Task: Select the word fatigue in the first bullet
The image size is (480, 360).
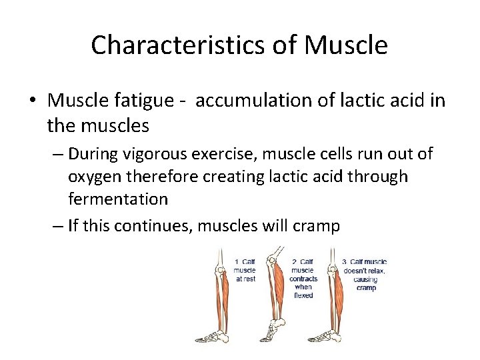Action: pos(133,101)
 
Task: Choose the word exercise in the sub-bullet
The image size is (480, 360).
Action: pos(221,154)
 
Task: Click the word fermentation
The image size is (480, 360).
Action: pos(118,199)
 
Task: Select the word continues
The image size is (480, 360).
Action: pos(151,226)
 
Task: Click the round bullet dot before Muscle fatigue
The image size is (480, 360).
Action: pos(33,101)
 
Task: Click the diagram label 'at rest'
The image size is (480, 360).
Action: pos(245,279)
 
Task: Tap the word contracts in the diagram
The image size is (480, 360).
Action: pos(303,279)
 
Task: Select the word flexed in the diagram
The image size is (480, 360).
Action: pos(303,295)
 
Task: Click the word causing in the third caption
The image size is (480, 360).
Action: pos(365,279)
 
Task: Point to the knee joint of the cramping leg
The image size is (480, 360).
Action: pos(331,258)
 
